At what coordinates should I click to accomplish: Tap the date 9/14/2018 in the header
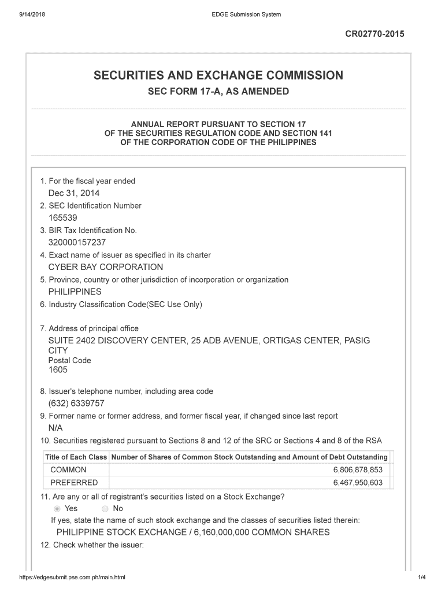(34, 14)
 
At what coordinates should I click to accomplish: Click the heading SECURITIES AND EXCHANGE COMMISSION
(218, 76)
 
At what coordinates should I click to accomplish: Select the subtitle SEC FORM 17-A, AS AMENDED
(218, 92)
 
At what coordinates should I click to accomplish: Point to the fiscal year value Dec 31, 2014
(70, 193)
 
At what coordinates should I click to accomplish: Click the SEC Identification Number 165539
(62, 218)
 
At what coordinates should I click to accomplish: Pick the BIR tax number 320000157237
(77, 243)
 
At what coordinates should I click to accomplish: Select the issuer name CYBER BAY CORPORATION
(106, 267)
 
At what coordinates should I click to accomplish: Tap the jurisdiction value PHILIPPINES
(75, 292)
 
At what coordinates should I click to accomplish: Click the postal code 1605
(58, 370)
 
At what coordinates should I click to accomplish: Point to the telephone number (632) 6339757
(76, 404)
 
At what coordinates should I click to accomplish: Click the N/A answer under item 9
(55, 428)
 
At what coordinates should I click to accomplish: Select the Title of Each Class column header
(76, 457)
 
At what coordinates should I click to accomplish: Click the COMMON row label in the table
(68, 470)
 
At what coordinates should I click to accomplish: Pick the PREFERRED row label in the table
(74, 483)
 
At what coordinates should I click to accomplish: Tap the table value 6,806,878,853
(358, 470)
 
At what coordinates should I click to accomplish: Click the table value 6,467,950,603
(358, 483)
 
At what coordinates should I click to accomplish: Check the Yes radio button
(57, 509)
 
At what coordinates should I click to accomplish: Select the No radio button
(105, 509)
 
